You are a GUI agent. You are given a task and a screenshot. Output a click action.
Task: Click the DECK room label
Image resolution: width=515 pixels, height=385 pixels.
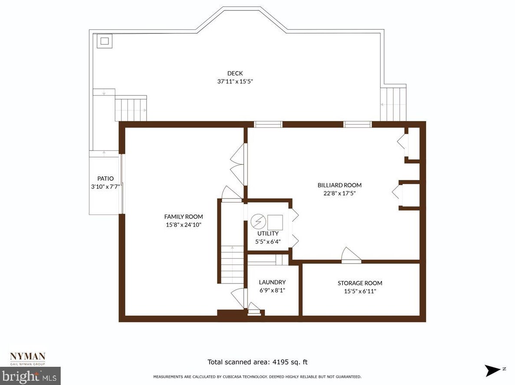click(235, 73)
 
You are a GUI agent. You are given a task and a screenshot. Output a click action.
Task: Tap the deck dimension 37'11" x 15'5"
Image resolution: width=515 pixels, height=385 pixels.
click(235, 81)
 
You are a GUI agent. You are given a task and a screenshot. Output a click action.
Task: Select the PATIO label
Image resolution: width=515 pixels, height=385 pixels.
click(105, 178)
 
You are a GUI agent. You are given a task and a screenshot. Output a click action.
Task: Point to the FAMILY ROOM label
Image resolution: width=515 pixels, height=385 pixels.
click(183, 217)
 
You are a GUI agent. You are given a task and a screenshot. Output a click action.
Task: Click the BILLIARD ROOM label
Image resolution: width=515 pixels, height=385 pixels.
click(339, 185)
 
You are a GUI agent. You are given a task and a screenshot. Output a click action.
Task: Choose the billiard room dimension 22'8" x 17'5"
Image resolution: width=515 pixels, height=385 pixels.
click(339, 193)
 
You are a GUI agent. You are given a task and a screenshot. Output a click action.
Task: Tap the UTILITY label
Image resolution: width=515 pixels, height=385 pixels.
click(268, 233)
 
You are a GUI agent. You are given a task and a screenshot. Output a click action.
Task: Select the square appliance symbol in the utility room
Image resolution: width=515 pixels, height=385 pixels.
click(275, 222)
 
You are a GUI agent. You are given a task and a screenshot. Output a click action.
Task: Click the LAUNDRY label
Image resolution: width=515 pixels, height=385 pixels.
click(272, 282)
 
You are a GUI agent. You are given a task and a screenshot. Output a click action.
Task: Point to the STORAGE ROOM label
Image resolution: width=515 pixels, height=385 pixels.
click(360, 283)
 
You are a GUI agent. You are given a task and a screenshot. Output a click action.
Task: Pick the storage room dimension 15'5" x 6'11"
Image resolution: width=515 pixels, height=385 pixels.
click(360, 291)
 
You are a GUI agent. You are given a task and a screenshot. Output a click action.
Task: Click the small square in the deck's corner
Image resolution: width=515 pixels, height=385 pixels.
click(104, 41)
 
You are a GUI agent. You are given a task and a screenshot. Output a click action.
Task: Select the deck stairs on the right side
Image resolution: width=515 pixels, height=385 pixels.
click(393, 104)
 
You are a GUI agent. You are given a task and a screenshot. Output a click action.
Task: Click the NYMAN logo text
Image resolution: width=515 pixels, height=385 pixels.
click(28, 356)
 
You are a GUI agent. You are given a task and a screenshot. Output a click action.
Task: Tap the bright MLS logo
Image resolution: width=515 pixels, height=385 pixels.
click(30, 376)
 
